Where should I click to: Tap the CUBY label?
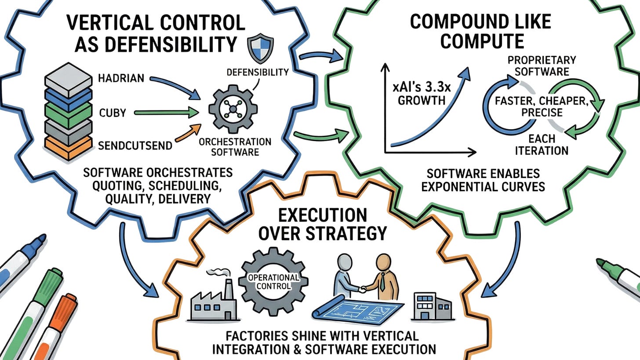coord(112,113)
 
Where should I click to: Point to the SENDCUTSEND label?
coord(135,146)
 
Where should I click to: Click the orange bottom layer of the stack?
coord(68,149)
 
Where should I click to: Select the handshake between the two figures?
coord(363,289)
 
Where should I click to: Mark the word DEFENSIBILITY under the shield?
coord(258,73)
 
